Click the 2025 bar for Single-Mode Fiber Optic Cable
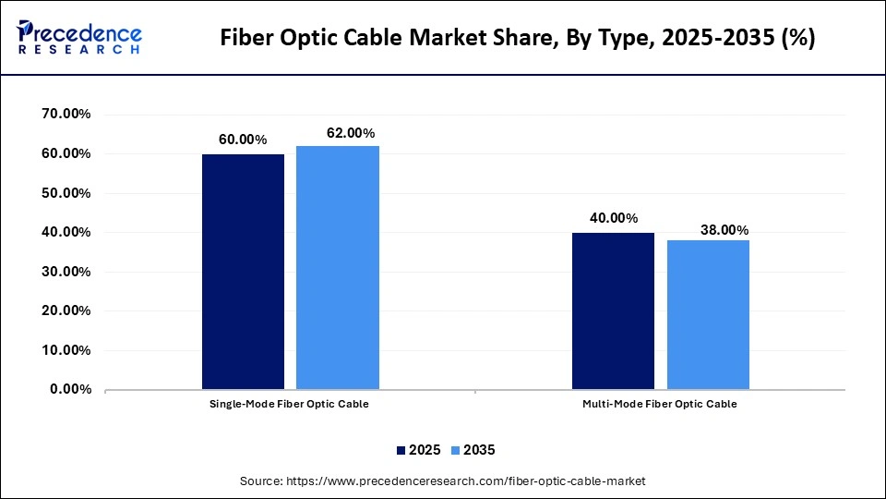tap(244, 272)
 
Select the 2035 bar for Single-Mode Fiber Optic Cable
tap(338, 268)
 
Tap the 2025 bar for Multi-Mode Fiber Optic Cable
tap(613, 311)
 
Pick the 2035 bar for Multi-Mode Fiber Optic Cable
tap(708, 315)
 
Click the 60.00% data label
tap(243, 140)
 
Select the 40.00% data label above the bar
tap(614, 218)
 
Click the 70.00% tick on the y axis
tap(66, 115)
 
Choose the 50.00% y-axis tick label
tap(66, 193)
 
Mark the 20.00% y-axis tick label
tap(66, 311)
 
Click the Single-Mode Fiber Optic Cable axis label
tap(290, 405)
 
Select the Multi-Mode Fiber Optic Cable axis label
tap(660, 405)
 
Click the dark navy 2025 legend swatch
tap(401, 450)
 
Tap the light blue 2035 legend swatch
tap(454, 450)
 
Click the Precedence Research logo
tap(79, 38)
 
